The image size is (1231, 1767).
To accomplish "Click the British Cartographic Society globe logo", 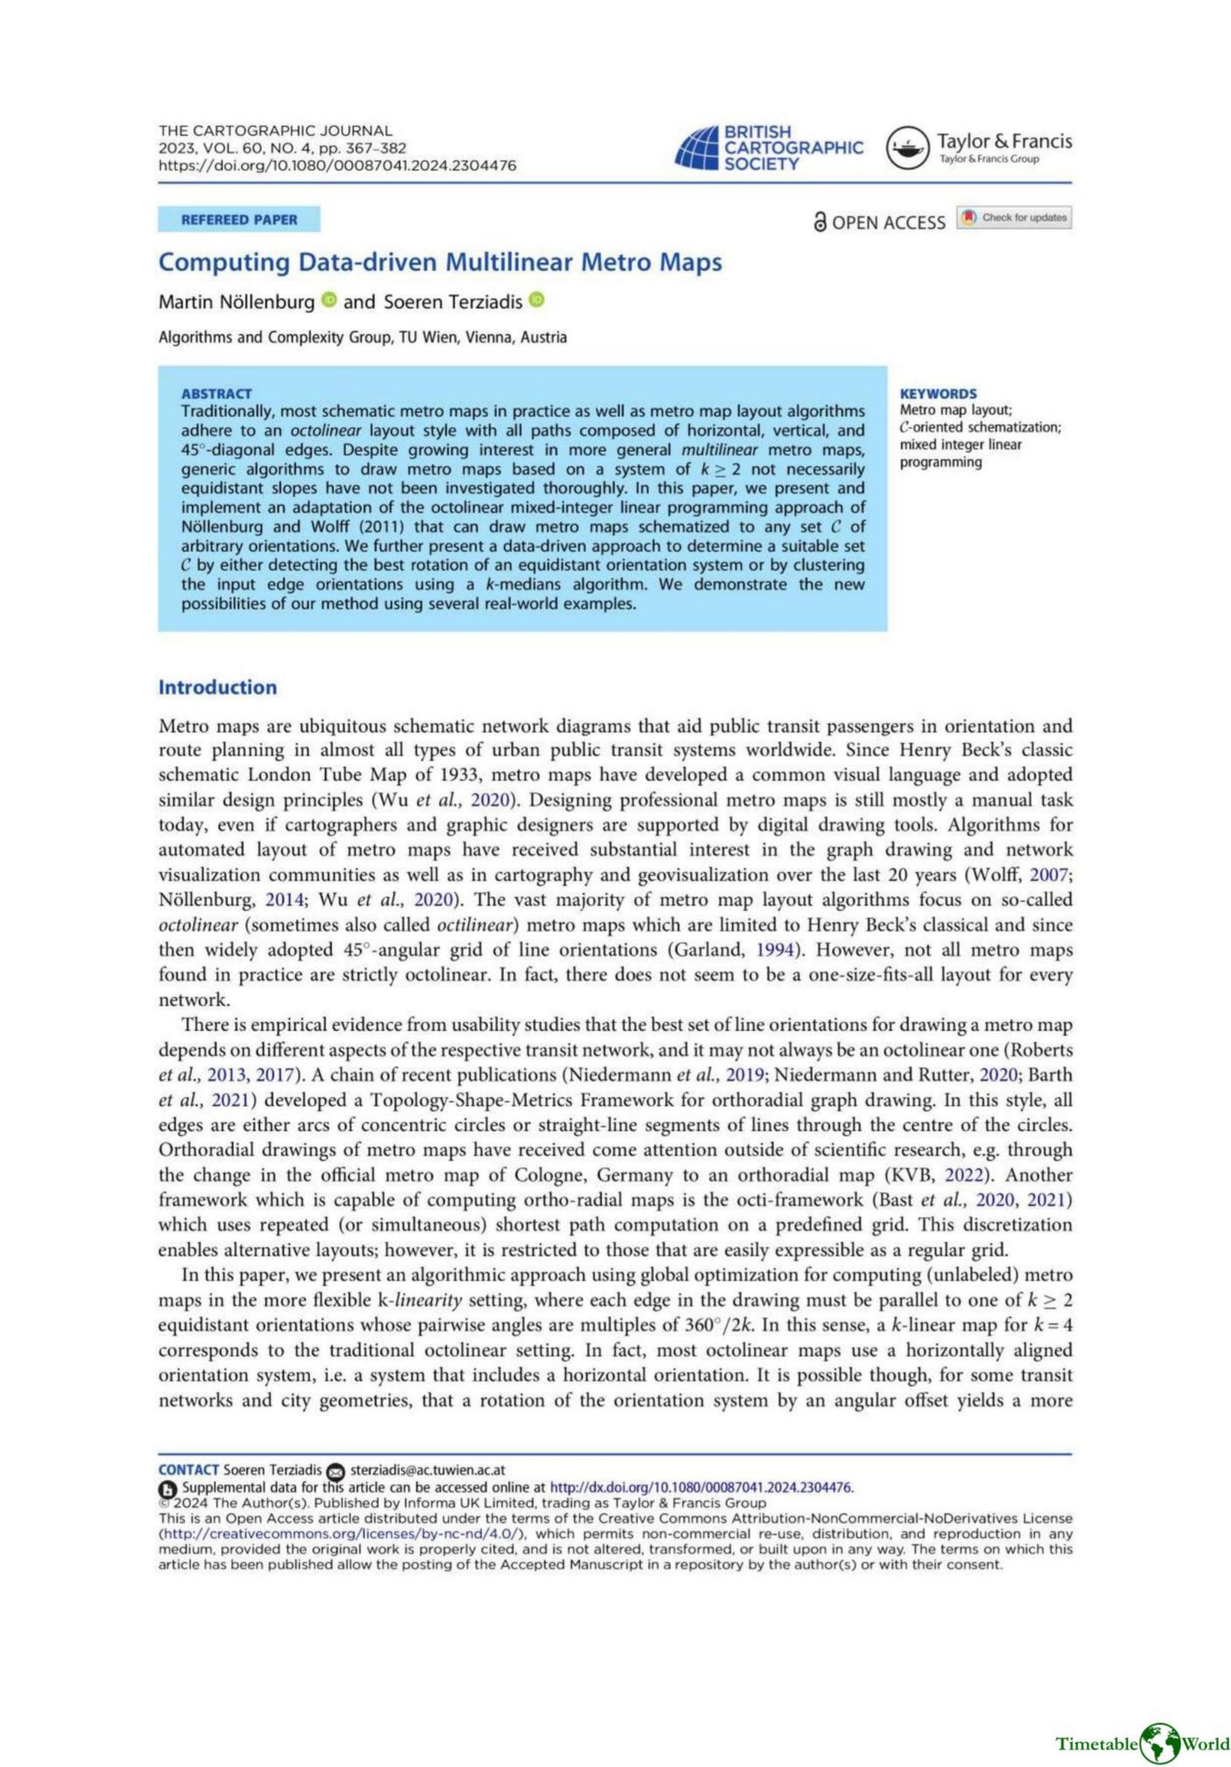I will click(697, 148).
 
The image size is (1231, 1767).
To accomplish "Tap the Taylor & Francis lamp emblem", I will click(908, 148).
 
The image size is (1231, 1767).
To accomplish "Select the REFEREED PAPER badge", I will click(239, 219).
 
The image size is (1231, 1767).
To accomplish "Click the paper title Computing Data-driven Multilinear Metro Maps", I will click(440, 262).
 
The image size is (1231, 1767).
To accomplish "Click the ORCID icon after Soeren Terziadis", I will click(536, 300).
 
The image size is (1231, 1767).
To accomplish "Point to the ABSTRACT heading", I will click(216, 393).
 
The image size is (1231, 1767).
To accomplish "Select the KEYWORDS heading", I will click(938, 393).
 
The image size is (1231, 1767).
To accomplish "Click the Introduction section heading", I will click(217, 687).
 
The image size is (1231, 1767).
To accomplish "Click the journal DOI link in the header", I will click(337, 166).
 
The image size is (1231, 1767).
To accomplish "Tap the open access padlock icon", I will click(820, 222).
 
